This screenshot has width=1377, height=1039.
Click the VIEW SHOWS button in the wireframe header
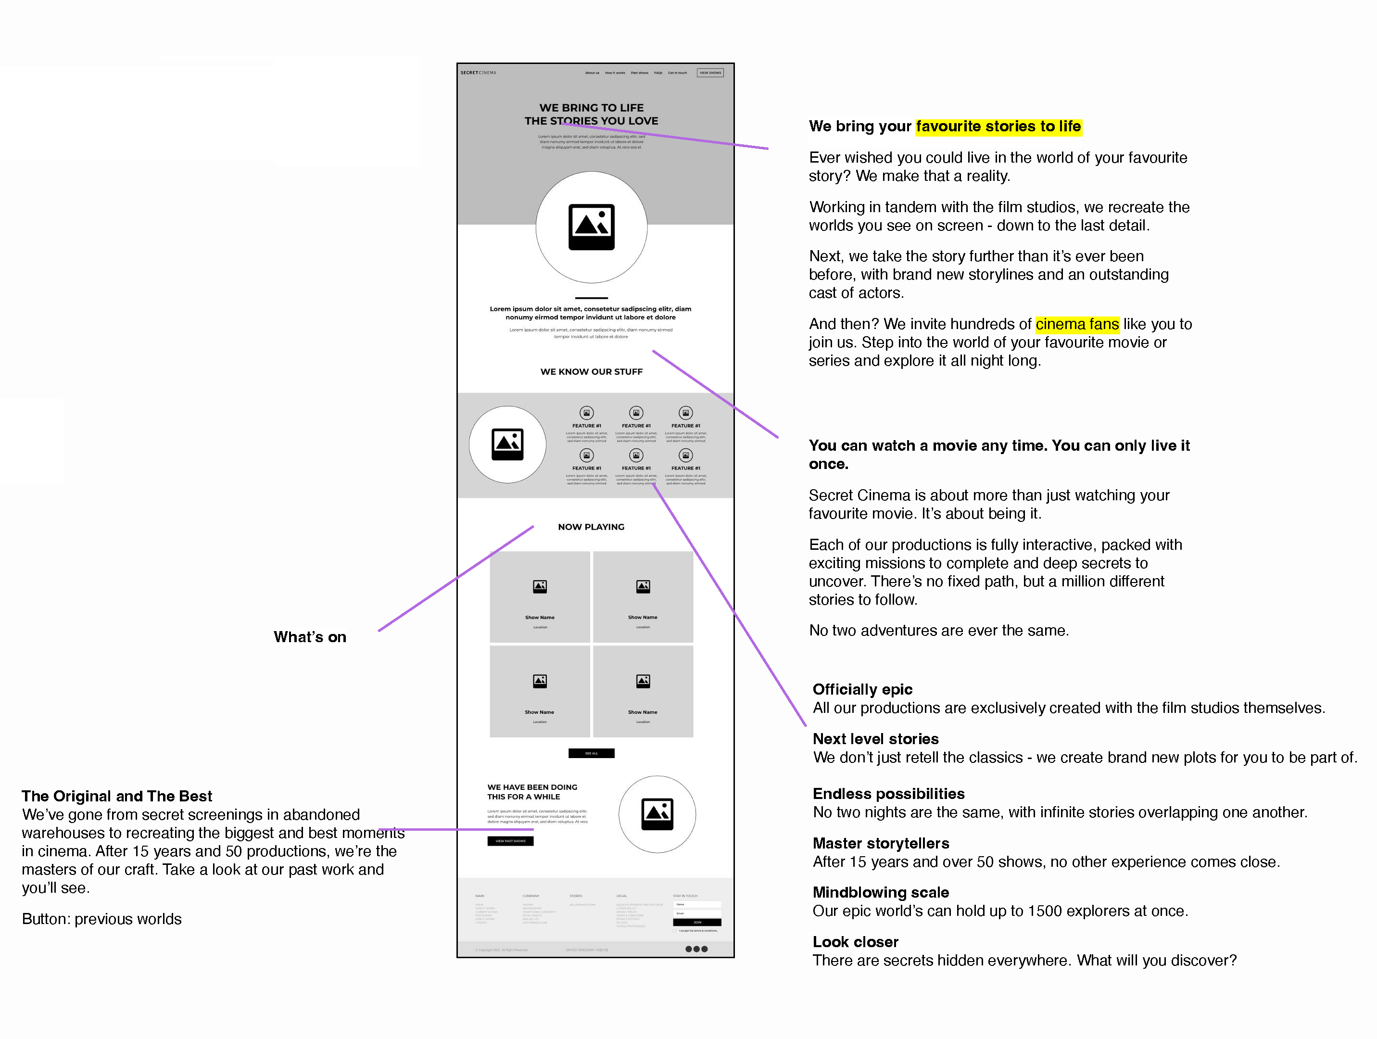710,73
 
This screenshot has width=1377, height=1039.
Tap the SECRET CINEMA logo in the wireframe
478,73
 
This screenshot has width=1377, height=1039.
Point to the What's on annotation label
310,637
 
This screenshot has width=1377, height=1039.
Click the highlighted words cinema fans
1077,324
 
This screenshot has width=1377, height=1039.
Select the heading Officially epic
862,689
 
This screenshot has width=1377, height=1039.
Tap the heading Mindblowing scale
880,892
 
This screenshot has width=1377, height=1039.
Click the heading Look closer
855,942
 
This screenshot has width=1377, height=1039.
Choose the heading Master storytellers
880,844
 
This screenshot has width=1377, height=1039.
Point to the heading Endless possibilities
888,794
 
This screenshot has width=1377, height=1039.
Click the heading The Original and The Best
117,796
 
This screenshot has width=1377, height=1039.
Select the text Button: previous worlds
101,919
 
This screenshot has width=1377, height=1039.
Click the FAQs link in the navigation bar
658,73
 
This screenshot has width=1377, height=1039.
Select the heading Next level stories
875,739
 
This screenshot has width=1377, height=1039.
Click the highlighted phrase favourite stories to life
998,127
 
